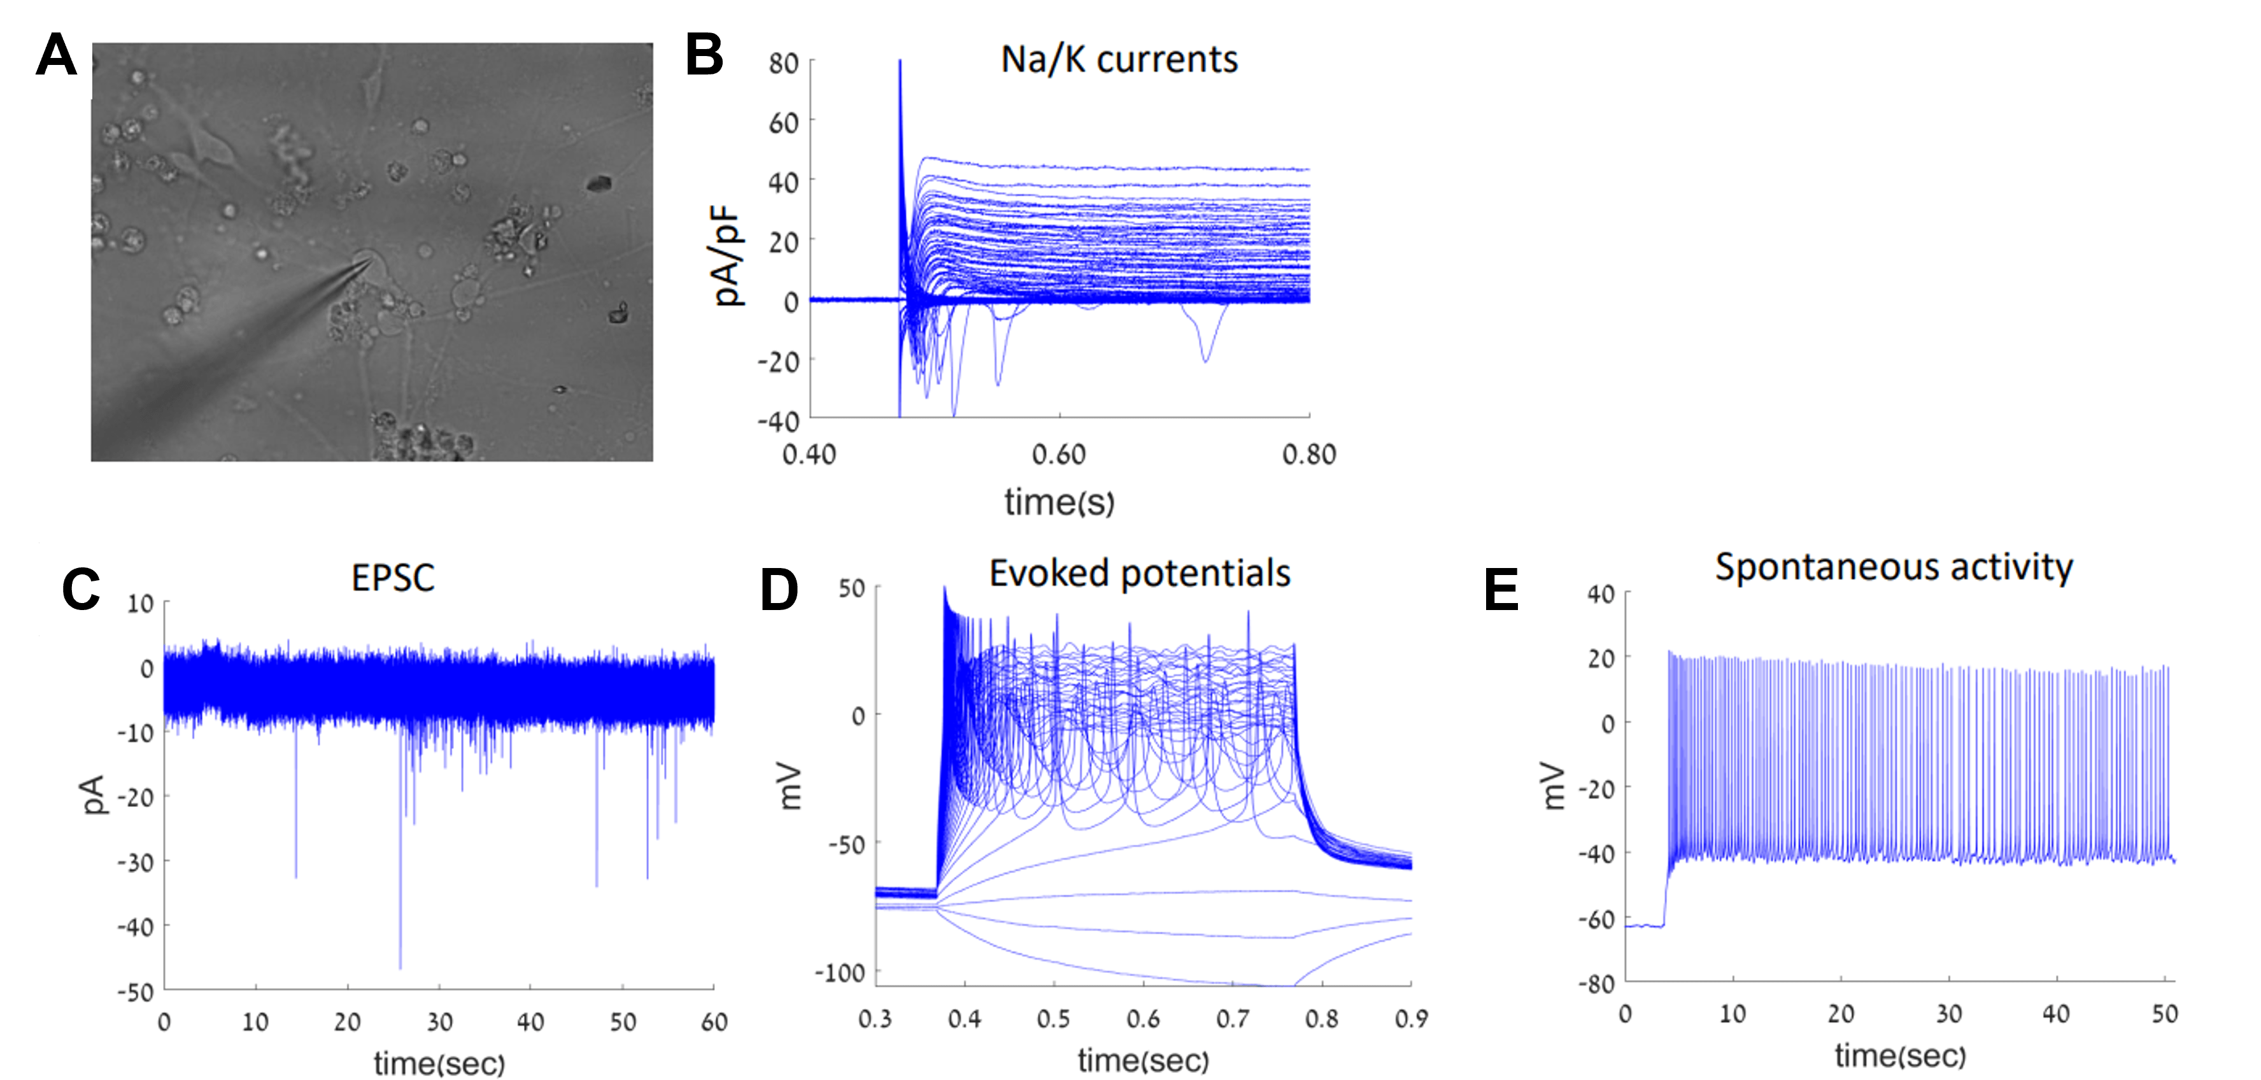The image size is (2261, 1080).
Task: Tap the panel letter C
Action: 81,588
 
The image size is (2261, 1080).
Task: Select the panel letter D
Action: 779,588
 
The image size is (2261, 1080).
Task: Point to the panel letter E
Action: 1501,588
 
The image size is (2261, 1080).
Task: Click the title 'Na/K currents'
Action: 1119,60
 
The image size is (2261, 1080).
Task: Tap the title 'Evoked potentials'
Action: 1139,573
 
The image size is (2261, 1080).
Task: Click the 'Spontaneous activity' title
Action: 1894,567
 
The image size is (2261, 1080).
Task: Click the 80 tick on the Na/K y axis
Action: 783,63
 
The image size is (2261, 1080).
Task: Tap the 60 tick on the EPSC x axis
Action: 714,1022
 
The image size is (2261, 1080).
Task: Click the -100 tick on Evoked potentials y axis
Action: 840,973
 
